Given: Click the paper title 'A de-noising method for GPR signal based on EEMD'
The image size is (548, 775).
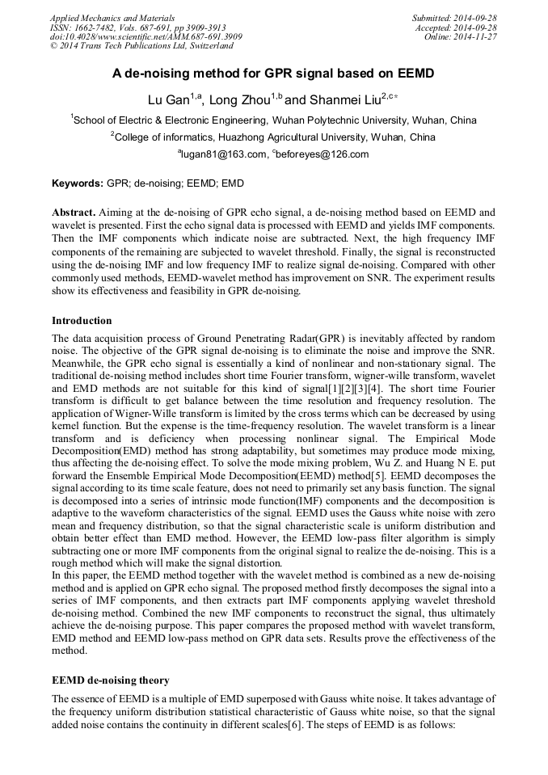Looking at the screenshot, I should [x=273, y=74].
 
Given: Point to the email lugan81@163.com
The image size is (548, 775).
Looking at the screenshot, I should [x=223, y=154].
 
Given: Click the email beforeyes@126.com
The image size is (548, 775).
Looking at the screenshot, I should [x=322, y=154].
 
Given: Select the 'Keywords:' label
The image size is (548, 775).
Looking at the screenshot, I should [x=78, y=183].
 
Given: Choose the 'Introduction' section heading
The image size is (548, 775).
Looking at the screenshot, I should [x=82, y=321].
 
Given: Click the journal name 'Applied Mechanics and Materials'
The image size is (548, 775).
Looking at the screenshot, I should [x=112, y=17].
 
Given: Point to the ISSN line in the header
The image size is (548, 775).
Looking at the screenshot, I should [x=137, y=27].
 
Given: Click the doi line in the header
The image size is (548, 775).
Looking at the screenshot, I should [x=145, y=36].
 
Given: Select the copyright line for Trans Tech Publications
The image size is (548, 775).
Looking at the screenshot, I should [x=141, y=46].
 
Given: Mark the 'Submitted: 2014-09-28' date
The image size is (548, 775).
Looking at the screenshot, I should [x=453, y=17].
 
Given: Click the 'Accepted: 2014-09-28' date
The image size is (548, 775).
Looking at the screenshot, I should [x=456, y=27].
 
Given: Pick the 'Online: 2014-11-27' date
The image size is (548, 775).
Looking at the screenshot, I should [x=460, y=36].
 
